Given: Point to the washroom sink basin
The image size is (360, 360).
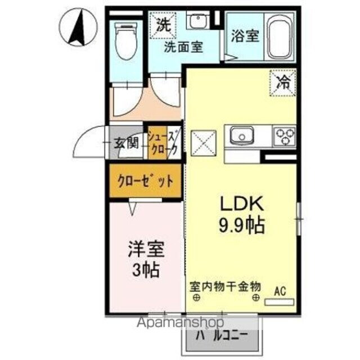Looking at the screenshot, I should (x=197, y=22).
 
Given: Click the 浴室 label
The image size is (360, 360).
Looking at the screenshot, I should (x=245, y=36).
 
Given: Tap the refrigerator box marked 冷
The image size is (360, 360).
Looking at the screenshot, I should (x=283, y=82).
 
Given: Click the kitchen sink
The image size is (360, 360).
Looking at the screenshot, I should (x=242, y=136).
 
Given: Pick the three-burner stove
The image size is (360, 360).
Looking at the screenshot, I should (x=284, y=136).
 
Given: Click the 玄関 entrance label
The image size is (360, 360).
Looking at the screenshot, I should (x=127, y=142).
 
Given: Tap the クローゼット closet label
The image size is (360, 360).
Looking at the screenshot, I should (x=145, y=182).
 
